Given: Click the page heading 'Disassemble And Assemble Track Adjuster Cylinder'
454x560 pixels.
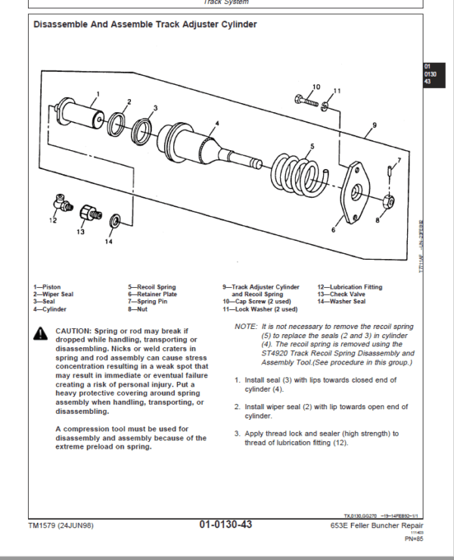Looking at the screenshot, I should [x=145, y=24].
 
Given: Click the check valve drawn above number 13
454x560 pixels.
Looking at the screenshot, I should [x=90, y=213].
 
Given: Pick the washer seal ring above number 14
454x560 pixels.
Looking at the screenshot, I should [x=114, y=221].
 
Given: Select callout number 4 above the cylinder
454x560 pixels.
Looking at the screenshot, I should [x=216, y=122].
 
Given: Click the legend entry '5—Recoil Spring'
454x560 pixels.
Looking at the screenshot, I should [x=151, y=287].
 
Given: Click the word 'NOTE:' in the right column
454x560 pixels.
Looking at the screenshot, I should [x=246, y=326].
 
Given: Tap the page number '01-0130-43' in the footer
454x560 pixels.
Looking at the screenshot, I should [x=225, y=525].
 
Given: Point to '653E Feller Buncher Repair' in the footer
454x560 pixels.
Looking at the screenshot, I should [x=377, y=526].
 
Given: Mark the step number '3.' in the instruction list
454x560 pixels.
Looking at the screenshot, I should [x=238, y=433].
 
